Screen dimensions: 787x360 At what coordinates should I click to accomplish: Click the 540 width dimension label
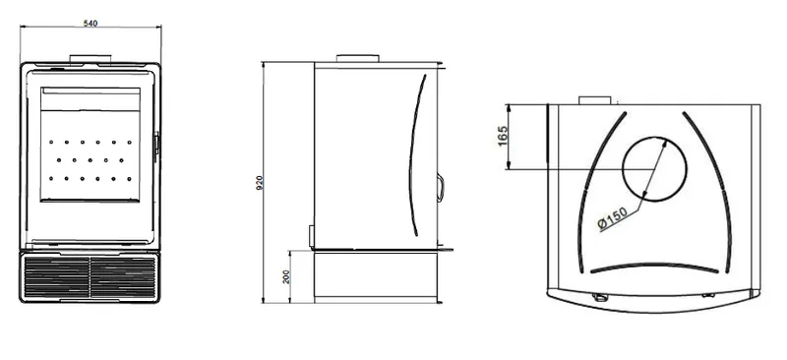[x=91, y=23]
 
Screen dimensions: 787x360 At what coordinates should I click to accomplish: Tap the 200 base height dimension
[x=286, y=275]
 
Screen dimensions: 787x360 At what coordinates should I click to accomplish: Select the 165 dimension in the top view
[x=503, y=136]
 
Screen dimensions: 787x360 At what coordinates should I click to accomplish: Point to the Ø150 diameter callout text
[x=613, y=218]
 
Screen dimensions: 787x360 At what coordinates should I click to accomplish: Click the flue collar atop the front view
[x=91, y=59]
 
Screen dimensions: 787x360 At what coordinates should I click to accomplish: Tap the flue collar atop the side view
[x=357, y=58]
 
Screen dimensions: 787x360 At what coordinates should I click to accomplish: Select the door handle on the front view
[x=156, y=147]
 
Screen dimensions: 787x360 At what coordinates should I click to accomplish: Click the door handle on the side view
[x=440, y=187]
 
